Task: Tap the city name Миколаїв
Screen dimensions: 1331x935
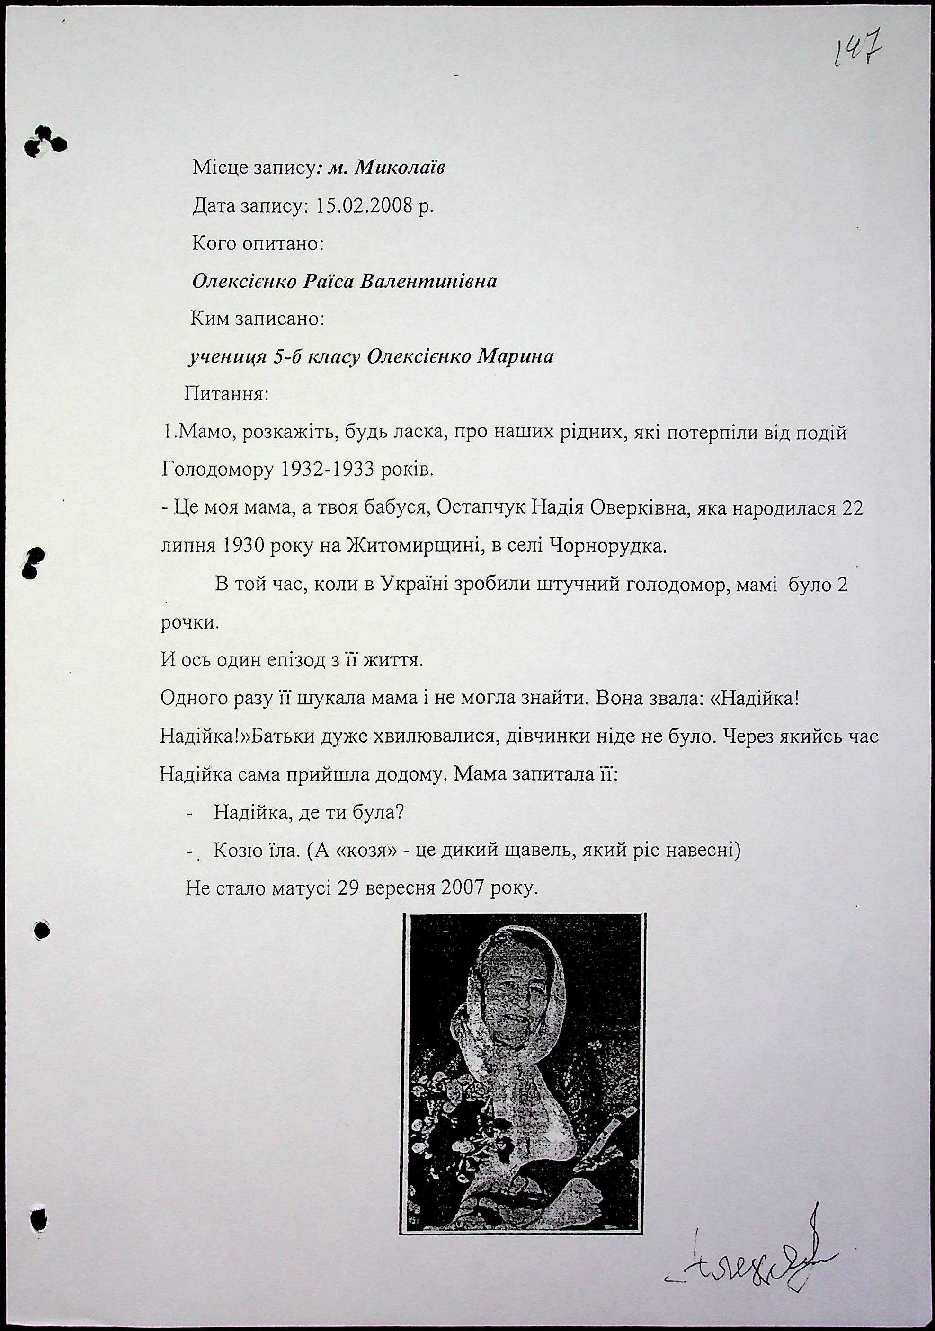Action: point(400,168)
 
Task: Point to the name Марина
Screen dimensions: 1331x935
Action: point(515,356)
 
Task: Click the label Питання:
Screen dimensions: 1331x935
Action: point(227,395)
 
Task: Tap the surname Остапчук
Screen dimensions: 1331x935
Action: point(481,508)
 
